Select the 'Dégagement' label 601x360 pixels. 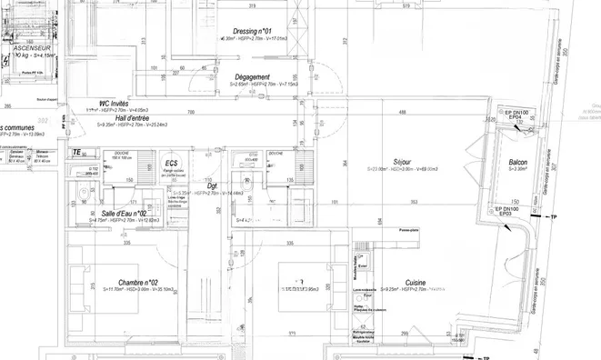251,77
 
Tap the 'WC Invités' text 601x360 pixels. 107,104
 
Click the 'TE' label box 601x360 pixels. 77,152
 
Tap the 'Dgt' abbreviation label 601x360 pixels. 212,186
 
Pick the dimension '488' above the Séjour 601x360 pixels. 403,111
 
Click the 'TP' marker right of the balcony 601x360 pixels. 555,218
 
